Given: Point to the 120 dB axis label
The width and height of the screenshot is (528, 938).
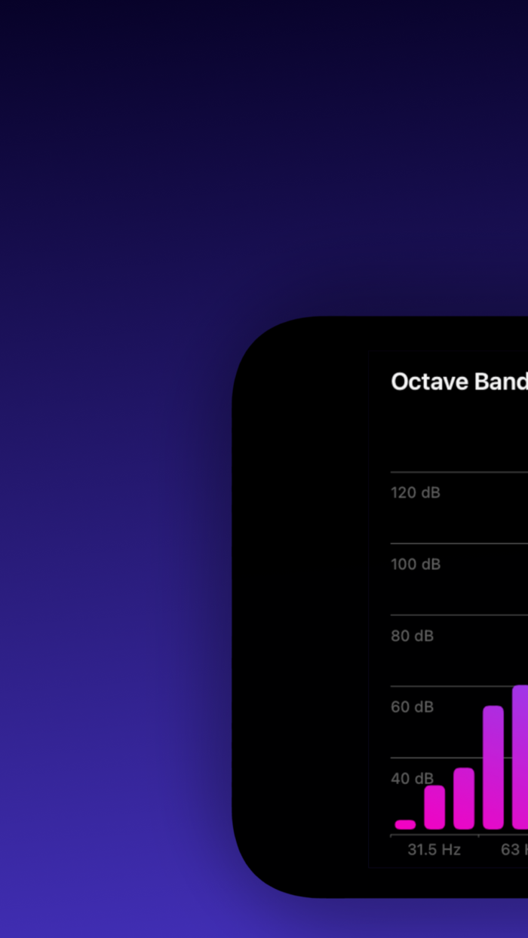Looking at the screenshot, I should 415,492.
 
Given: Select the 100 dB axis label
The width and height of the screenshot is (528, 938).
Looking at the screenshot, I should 415,564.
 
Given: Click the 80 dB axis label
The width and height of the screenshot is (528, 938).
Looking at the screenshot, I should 412,636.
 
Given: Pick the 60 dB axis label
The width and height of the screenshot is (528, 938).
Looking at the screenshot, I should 412,707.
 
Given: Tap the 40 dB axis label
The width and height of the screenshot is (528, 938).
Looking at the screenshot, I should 412,778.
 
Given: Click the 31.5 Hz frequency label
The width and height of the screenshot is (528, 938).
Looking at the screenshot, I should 434,850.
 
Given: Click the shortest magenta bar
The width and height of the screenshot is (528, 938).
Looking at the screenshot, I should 405,824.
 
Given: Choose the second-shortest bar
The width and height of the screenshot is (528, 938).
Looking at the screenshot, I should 434,807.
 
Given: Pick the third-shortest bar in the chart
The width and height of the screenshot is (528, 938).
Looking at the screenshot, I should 464,799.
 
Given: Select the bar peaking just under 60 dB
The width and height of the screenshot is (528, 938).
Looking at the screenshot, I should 493,767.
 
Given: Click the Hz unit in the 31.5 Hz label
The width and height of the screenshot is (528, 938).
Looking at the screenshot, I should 450,850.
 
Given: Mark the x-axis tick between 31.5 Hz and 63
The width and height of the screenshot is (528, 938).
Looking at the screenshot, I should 478,836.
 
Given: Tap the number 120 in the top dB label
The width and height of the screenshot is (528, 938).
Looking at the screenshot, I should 404,492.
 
